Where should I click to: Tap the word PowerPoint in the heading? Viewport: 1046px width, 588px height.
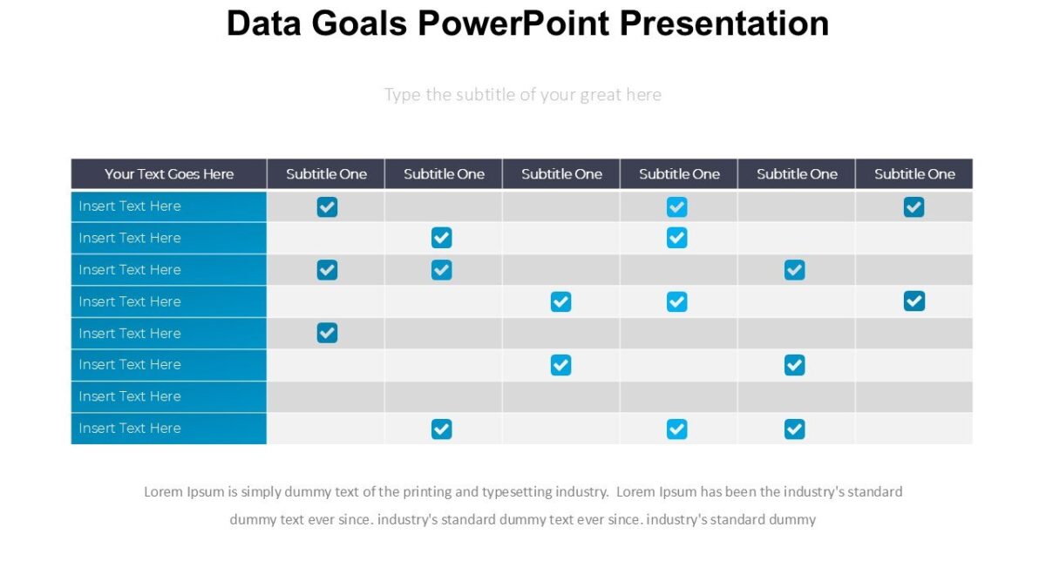[x=514, y=24]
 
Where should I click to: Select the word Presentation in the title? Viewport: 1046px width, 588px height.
[x=723, y=24]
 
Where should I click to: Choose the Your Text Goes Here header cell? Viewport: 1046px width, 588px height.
[x=169, y=174]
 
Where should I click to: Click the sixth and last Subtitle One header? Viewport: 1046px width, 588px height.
[x=914, y=174]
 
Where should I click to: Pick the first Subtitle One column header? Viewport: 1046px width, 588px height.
[x=326, y=174]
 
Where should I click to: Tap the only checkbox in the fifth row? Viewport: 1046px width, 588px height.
[x=327, y=333]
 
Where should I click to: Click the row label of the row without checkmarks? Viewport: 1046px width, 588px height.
[x=130, y=396]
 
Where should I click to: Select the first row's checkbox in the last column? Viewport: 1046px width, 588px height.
[x=914, y=206]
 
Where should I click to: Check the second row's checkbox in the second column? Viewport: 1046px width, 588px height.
[x=442, y=238]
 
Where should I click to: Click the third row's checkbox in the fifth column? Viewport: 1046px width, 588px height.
[x=794, y=270]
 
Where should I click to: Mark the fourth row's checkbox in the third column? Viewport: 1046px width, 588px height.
[x=560, y=301]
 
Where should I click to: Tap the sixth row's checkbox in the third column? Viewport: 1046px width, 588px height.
[x=560, y=365]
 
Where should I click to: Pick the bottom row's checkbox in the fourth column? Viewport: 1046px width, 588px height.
[x=676, y=429]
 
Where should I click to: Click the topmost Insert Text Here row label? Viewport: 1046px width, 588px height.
[x=130, y=206]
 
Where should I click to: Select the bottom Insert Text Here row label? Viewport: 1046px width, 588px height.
[x=130, y=429]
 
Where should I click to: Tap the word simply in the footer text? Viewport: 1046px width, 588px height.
[x=263, y=492]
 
